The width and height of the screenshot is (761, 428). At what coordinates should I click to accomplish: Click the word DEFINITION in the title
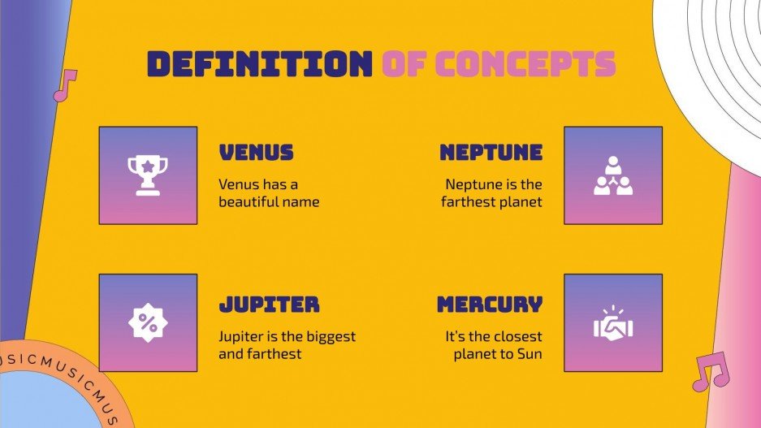coord(258,63)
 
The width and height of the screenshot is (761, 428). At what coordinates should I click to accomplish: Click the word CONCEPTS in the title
coord(525,63)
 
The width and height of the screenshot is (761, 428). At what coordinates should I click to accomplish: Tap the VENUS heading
coord(256,152)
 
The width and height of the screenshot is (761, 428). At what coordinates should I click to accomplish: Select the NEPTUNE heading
coord(491,152)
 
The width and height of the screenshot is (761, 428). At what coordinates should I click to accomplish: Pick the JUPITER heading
coord(269,305)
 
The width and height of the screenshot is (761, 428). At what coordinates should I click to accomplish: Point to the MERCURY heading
coord(489,305)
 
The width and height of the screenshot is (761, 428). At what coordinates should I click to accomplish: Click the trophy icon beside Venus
coord(148,175)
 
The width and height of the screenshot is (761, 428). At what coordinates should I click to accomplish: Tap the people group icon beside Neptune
coord(612,175)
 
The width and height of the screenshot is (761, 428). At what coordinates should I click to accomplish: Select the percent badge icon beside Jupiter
coord(148,322)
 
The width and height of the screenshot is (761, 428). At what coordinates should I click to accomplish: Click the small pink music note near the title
coord(64,85)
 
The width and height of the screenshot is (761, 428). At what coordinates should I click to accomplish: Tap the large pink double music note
coord(710,372)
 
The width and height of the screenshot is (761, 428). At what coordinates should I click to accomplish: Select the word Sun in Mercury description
coord(529,353)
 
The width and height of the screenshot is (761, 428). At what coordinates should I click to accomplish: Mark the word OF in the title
coord(403,63)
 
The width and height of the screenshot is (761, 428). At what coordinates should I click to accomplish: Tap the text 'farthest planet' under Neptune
coord(491,201)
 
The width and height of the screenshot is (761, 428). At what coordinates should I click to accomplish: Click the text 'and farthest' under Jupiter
coord(260,353)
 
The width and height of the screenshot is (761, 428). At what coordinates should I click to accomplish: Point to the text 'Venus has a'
coord(257,184)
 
